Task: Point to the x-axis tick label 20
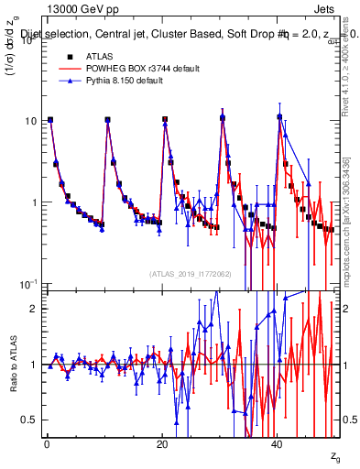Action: [x=162, y=444]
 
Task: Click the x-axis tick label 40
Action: [x=278, y=444]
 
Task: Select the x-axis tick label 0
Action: [x=46, y=444]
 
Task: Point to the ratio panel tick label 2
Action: [x=34, y=309]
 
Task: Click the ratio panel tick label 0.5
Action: [x=29, y=420]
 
